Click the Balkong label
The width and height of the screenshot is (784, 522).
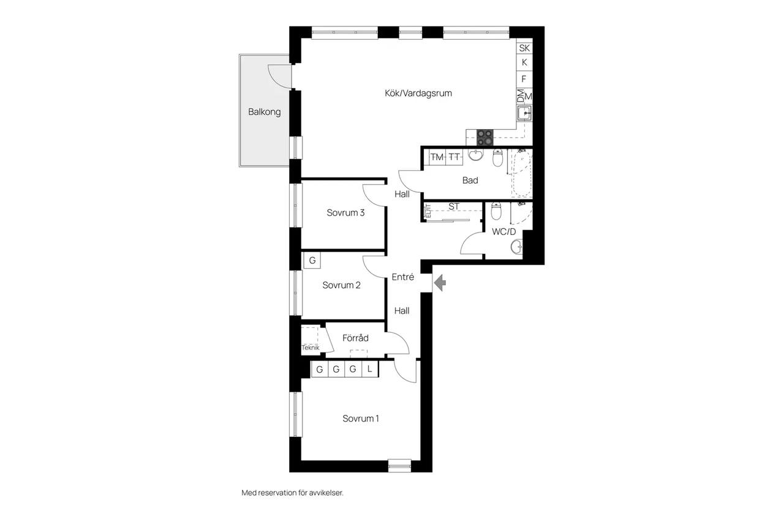pyautogui.click(x=264, y=112)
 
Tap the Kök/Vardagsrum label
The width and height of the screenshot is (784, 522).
pyautogui.click(x=418, y=93)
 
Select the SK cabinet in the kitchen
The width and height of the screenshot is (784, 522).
pyautogui.click(x=524, y=48)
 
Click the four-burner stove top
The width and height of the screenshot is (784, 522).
pyautogui.click(x=484, y=138)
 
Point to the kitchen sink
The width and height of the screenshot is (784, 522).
pyautogui.click(x=524, y=113)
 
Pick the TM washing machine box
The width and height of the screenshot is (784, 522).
pyautogui.click(x=437, y=157)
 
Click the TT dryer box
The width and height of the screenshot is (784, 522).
pyautogui.click(x=454, y=157)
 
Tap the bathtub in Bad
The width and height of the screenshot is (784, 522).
pyautogui.click(x=522, y=173)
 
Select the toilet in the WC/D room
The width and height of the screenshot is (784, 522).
pyautogui.click(x=496, y=211)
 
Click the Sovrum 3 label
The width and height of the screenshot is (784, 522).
pyautogui.click(x=345, y=212)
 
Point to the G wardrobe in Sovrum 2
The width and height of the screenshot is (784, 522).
pyautogui.click(x=312, y=261)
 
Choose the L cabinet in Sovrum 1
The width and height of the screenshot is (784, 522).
pyautogui.click(x=369, y=369)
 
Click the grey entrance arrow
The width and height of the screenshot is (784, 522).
pyautogui.click(x=440, y=283)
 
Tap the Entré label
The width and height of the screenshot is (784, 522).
pyautogui.click(x=403, y=277)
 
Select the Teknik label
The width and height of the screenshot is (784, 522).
pyautogui.click(x=311, y=348)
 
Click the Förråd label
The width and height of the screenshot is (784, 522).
pyautogui.click(x=355, y=338)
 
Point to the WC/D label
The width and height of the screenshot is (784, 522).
pyautogui.click(x=503, y=231)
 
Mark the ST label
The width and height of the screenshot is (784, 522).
pyautogui.click(x=454, y=207)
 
